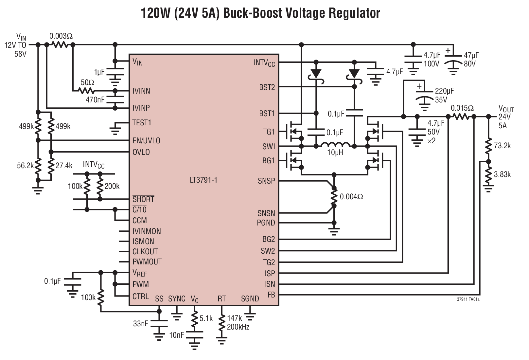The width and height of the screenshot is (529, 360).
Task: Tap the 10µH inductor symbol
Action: click(335, 145)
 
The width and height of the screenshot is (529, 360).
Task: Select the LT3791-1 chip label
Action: click(203, 180)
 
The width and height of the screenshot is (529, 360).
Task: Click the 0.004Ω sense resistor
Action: click(334, 197)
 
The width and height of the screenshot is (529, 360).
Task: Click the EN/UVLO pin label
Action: click(146, 141)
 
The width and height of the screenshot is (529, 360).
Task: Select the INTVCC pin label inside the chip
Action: click(264, 63)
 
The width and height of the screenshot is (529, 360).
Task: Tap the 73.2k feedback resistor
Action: click(488, 146)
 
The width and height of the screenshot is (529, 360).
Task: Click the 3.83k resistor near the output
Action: click(488, 174)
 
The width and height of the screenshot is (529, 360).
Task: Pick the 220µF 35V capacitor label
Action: click(444, 95)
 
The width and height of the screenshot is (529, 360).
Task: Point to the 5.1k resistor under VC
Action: click(194, 318)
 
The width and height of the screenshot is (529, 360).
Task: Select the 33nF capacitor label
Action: click(140, 324)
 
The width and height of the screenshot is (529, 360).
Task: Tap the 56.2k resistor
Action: click(38, 166)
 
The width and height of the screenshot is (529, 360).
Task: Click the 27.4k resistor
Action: click(51, 166)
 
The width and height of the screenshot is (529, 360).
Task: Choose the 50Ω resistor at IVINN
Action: click(87, 91)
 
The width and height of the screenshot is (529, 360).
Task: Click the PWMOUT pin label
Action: click(147, 262)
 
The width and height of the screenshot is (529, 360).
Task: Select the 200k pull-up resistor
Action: click(100, 187)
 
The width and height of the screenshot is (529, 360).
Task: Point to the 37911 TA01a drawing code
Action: click(468, 299)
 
